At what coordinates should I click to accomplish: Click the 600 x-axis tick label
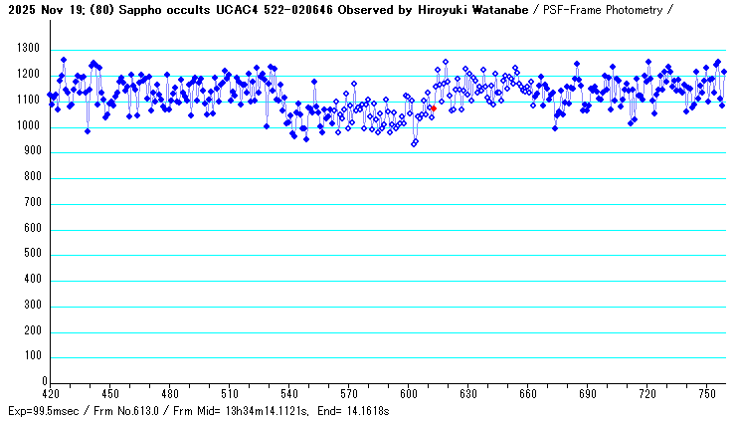(x=409, y=393)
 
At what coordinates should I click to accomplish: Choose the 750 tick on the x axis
(x=707, y=393)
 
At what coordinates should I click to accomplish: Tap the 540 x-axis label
(x=289, y=393)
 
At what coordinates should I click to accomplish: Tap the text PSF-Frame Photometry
(x=636, y=10)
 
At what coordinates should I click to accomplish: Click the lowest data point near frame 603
(x=415, y=143)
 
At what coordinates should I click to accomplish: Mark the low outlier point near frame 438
(x=88, y=130)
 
